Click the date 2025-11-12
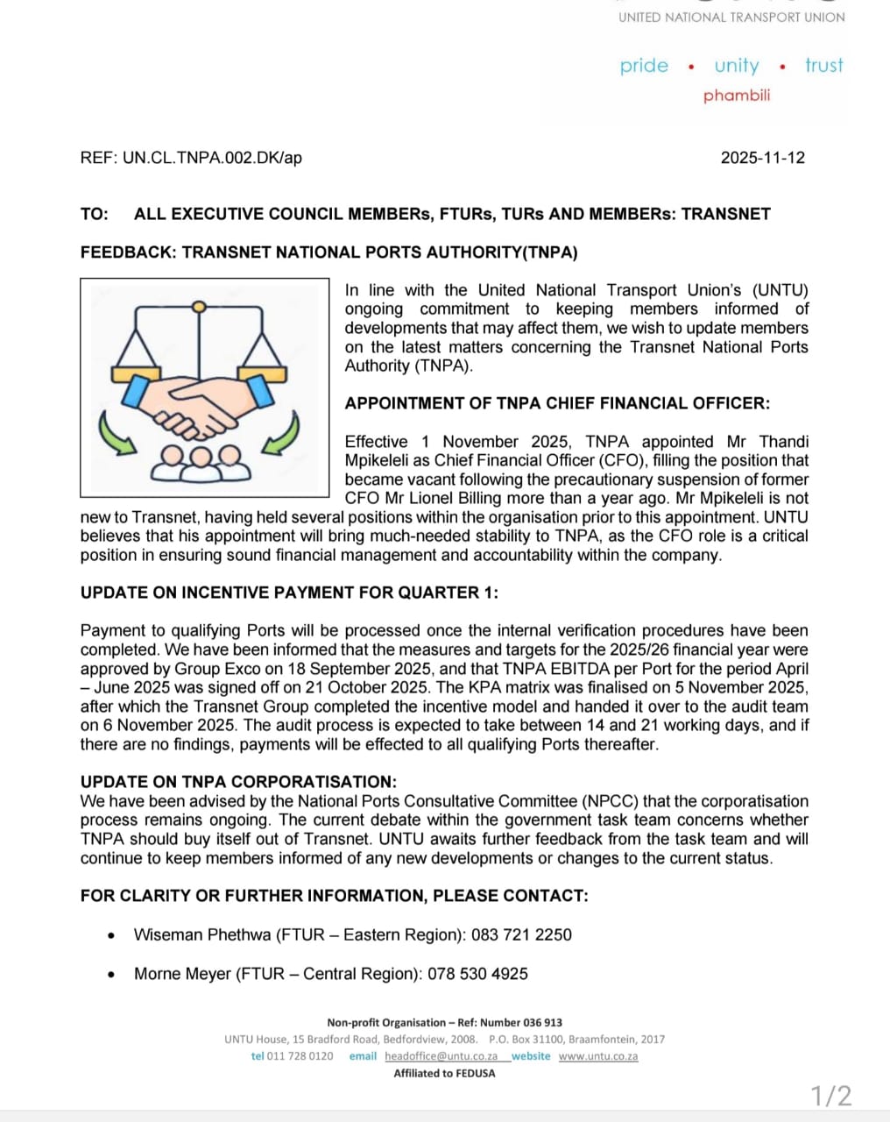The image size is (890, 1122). tap(762, 158)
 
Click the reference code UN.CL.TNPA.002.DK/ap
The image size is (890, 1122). tap(212, 158)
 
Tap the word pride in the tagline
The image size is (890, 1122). tap(644, 66)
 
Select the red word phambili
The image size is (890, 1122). tap(737, 95)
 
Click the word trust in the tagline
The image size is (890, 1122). tap(824, 66)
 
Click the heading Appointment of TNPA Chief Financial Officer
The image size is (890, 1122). tap(557, 403)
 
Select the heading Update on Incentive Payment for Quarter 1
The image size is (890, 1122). tap(289, 593)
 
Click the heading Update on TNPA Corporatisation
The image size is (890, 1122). tap(238, 782)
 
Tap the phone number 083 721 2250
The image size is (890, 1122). tap(521, 934)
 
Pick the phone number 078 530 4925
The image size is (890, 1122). tap(477, 973)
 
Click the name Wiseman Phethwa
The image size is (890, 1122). tap(202, 934)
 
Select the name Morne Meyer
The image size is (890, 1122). tap(182, 973)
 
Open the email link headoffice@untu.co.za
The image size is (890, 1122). tap(441, 1056)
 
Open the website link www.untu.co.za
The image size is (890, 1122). tap(598, 1056)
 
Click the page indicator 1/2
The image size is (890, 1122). tap(830, 1096)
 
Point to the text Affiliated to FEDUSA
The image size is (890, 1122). tap(444, 1073)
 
